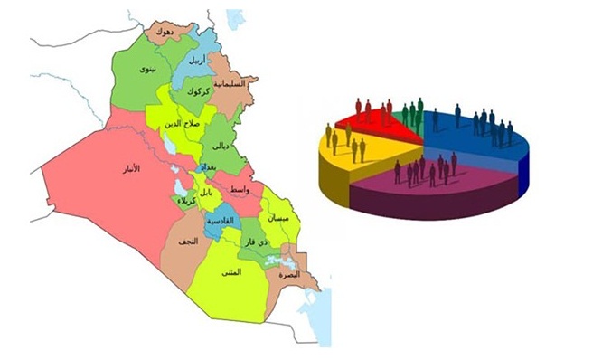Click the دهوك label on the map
165,32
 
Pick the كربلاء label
186,199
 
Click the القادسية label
220,222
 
